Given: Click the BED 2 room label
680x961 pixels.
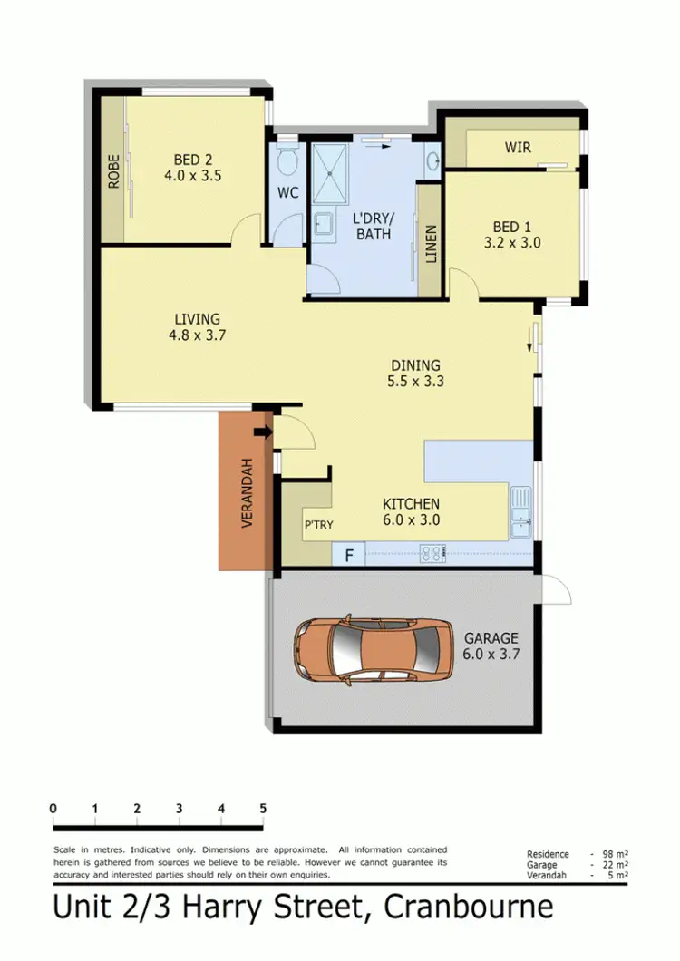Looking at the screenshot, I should click(192, 160).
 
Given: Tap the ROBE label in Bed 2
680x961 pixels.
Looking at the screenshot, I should click(114, 171).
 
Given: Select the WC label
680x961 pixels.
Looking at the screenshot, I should click(287, 192).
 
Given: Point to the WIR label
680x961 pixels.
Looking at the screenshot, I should click(518, 147).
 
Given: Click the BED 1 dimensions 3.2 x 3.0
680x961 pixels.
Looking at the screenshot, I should click(512, 242).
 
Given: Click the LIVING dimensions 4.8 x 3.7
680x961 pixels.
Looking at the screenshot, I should click(197, 335).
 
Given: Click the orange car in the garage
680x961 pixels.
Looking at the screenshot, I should click(372, 648).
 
